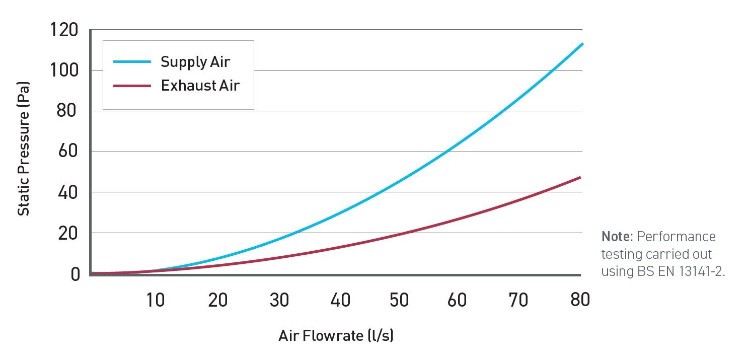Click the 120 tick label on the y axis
click(64, 31)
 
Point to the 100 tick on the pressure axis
click(64, 70)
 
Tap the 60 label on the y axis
click(69, 152)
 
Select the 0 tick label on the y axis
click(74, 274)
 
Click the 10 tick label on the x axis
click(156, 300)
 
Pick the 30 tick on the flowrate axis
click(279, 300)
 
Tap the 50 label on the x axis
click(399, 300)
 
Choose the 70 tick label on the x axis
click(518, 300)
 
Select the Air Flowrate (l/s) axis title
click(336, 336)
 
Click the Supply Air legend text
click(195, 62)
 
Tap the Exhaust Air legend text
click(200, 86)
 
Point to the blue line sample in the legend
click(132, 62)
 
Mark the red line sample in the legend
click(132, 86)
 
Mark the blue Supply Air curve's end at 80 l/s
click(582, 44)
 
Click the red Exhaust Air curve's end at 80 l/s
click(580, 177)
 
